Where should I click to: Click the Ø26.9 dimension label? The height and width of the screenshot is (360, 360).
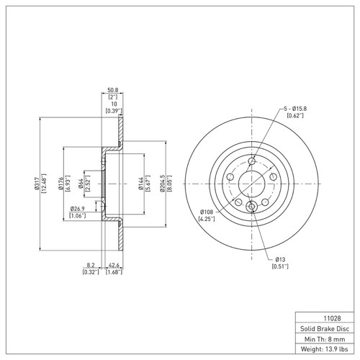(78, 209)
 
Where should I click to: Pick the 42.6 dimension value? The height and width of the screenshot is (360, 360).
(113, 265)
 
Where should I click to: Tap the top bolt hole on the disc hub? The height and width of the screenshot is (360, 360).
(251, 160)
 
